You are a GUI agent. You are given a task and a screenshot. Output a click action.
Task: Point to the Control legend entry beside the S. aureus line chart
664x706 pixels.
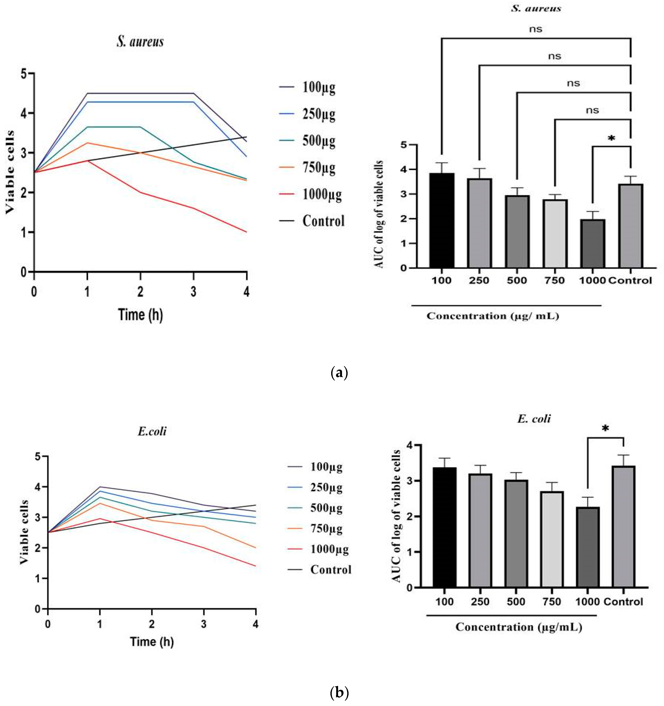(323, 221)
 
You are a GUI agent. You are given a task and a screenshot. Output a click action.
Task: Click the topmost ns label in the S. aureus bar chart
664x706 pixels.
(536, 29)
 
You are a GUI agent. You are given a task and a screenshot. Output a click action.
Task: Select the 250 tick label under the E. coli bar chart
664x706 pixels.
(480, 602)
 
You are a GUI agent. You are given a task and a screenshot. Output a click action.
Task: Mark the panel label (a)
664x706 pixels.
(339, 373)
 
